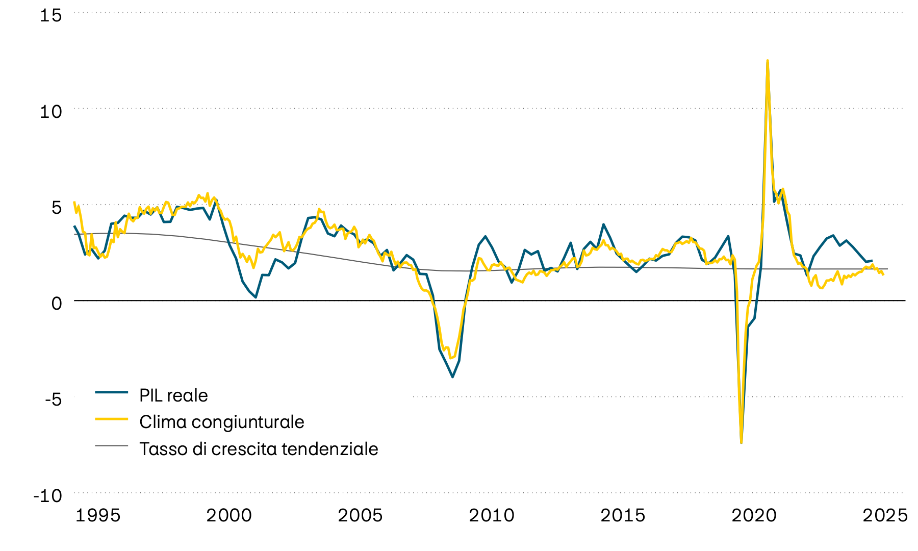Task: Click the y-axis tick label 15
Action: click(50, 15)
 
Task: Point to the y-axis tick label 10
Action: click(50, 111)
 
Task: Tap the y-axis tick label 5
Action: click(56, 207)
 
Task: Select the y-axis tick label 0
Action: click(56, 303)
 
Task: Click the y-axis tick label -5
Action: click(53, 399)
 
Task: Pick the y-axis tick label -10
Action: click(47, 495)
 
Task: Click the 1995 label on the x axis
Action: click(98, 515)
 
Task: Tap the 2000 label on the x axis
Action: click(229, 515)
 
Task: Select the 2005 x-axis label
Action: click(360, 515)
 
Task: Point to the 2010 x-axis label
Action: click(492, 515)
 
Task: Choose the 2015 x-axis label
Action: click(623, 515)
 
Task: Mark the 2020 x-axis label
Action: click(754, 515)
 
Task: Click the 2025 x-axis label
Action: click(885, 515)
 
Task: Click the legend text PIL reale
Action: click(173, 395)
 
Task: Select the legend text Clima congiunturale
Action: click(221, 422)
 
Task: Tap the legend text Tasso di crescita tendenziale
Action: click(259, 449)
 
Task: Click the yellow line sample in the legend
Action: click(111, 419)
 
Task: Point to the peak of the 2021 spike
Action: click(768, 61)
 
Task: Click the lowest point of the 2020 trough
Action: click(741, 442)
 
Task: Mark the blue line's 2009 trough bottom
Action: click(452, 377)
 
